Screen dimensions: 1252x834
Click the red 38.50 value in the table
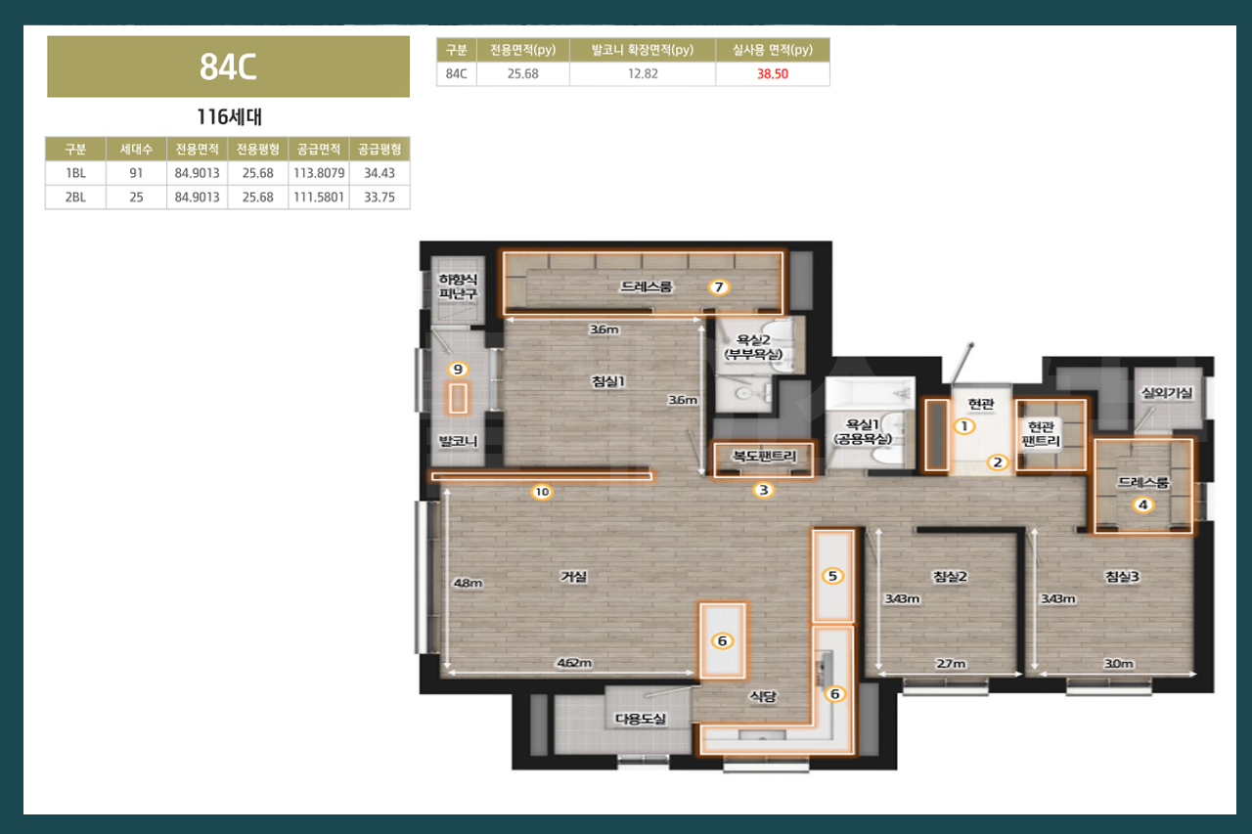pyautogui.click(x=773, y=74)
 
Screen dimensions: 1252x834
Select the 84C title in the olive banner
pyautogui.click(x=228, y=67)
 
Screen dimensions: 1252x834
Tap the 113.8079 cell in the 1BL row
pyautogui.click(x=319, y=173)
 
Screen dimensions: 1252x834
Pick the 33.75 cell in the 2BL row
pyautogui.click(x=380, y=198)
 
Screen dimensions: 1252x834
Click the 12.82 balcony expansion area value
pyautogui.click(x=643, y=74)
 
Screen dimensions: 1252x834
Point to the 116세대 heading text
pyautogui.click(x=230, y=116)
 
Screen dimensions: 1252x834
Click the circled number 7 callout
pyautogui.click(x=719, y=287)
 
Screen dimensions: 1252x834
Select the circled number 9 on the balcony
pyautogui.click(x=458, y=370)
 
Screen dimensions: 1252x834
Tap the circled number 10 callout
pyautogui.click(x=542, y=492)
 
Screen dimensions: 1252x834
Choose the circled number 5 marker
pyautogui.click(x=832, y=576)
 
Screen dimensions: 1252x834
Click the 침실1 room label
pyautogui.click(x=608, y=381)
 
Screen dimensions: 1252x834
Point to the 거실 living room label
pyautogui.click(x=574, y=576)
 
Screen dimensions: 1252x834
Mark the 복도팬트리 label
pyautogui.click(x=764, y=456)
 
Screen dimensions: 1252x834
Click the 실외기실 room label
pyautogui.click(x=1167, y=393)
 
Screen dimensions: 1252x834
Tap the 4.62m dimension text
pyautogui.click(x=574, y=663)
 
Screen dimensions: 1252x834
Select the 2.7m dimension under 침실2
pyautogui.click(x=951, y=664)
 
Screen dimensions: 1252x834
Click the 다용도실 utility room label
pyautogui.click(x=641, y=719)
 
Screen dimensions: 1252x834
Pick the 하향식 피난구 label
pyautogui.click(x=458, y=286)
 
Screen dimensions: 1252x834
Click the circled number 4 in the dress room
pyautogui.click(x=1143, y=505)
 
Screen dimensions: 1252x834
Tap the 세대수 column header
pyautogui.click(x=136, y=150)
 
